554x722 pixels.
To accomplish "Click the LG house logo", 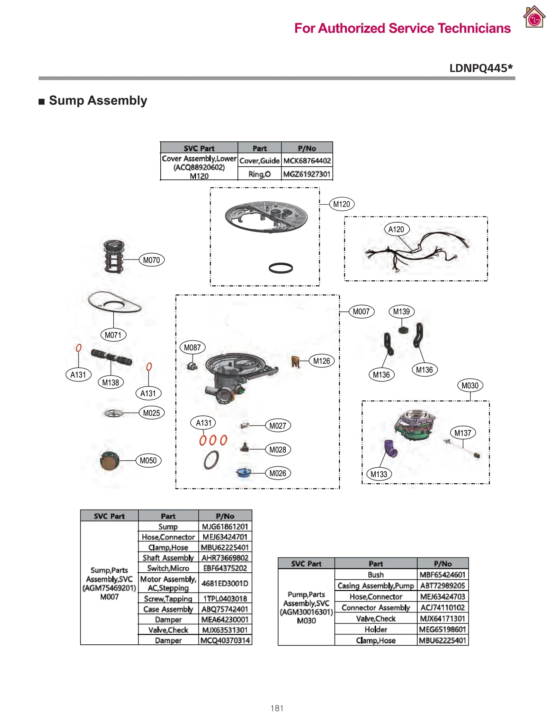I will click(534, 17).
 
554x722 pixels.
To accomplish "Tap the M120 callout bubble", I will click(341, 204).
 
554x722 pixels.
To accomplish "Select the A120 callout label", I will click(396, 229).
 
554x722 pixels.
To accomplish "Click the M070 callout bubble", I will click(151, 260).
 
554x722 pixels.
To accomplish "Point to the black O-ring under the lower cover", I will click(280, 268).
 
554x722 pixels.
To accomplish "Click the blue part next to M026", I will click(243, 473).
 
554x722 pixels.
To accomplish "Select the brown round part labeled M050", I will click(109, 460).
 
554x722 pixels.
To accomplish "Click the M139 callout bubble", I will click(401, 311).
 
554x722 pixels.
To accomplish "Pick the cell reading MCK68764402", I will click(307, 161).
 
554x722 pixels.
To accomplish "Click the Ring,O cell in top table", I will click(259, 174).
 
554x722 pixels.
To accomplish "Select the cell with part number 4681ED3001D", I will click(225, 583).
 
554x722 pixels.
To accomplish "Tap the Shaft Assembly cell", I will click(168, 558).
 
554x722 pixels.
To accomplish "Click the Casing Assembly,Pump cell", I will click(376, 585).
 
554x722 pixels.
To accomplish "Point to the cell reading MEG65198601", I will click(443, 629).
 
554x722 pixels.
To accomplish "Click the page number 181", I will click(277, 708).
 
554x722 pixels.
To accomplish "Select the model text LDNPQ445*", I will click(481, 68).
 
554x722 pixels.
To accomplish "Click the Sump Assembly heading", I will click(98, 100).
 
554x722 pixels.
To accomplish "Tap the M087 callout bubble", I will click(192, 347).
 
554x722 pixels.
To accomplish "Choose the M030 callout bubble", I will click(470, 385).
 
